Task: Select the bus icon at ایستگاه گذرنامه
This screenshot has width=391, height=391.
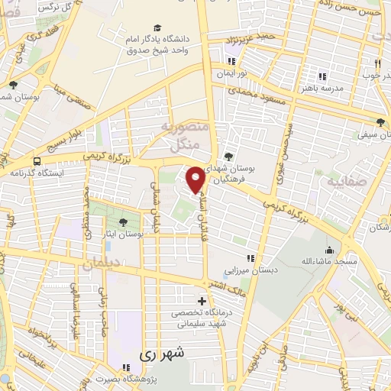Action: (x=37, y=161)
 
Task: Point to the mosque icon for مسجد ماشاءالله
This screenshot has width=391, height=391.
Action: (x=329, y=250)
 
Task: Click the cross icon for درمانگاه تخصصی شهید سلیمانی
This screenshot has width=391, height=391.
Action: (x=202, y=300)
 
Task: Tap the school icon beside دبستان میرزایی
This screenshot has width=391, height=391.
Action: (x=247, y=258)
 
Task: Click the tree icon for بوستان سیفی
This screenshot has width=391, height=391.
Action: (x=380, y=121)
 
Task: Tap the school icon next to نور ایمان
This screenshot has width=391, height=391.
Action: (x=230, y=61)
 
